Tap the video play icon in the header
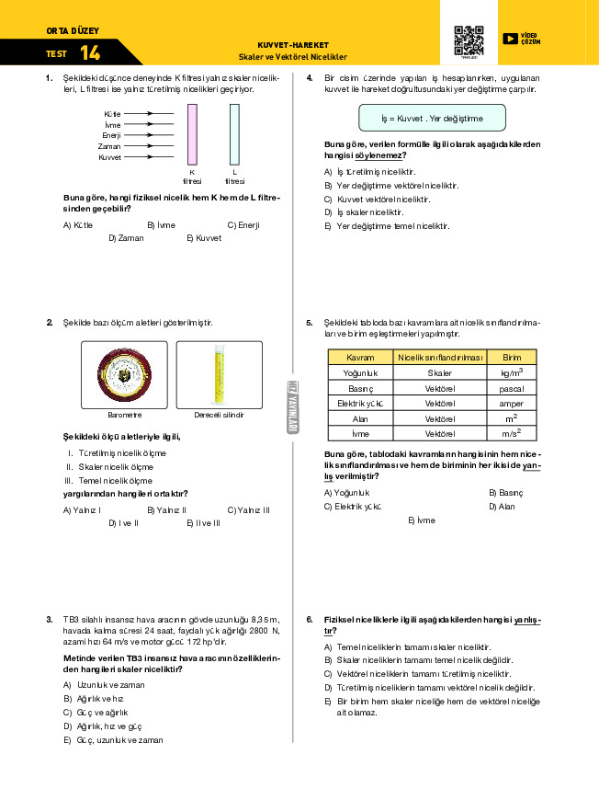[x=510, y=39]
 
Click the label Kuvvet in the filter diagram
[x=110, y=157]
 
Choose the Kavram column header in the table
[x=359, y=357]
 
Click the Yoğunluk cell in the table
[x=359, y=372]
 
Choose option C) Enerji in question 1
[x=243, y=224]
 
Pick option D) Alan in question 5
[x=502, y=506]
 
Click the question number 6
[x=310, y=619]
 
